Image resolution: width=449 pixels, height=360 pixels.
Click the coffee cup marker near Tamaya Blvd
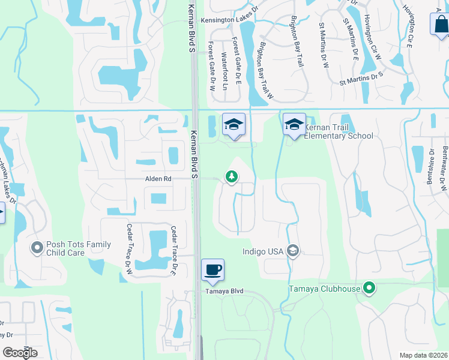pos(212,269)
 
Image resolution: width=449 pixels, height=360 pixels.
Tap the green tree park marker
pos(231,176)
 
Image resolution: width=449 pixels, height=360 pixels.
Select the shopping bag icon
pos(441,25)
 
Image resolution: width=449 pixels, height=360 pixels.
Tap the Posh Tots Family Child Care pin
pos(37,247)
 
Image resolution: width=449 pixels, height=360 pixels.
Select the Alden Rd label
pos(158,179)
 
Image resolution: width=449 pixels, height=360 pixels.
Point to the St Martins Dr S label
pos(361,78)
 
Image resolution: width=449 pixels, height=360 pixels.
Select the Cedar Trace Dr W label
pos(129,249)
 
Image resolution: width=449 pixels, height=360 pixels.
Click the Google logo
pos(20,352)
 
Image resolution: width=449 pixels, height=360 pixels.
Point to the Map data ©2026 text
pos(423,355)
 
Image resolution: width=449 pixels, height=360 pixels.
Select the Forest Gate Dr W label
pos(211,66)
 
